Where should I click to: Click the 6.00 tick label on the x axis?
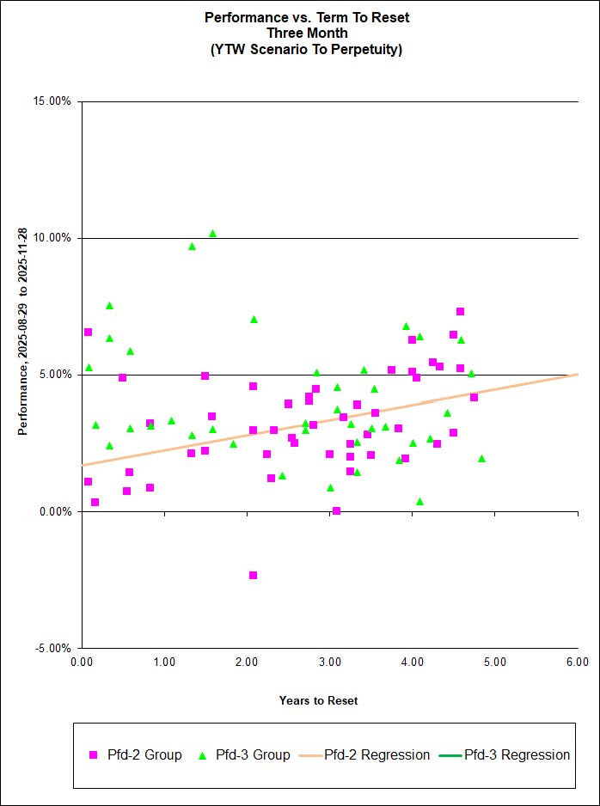(578, 662)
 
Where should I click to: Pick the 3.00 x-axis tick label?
(329, 662)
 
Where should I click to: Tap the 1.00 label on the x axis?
(164, 662)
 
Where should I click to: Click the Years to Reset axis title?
(318, 700)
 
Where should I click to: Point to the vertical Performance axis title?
(24, 331)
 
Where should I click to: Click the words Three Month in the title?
(307, 33)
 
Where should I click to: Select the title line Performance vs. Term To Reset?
(307, 16)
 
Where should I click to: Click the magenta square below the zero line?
(253, 575)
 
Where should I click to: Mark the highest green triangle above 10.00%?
(212, 234)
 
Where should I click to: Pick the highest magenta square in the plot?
(460, 311)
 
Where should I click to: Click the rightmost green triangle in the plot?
(481, 459)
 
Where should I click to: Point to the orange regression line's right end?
(577, 375)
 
